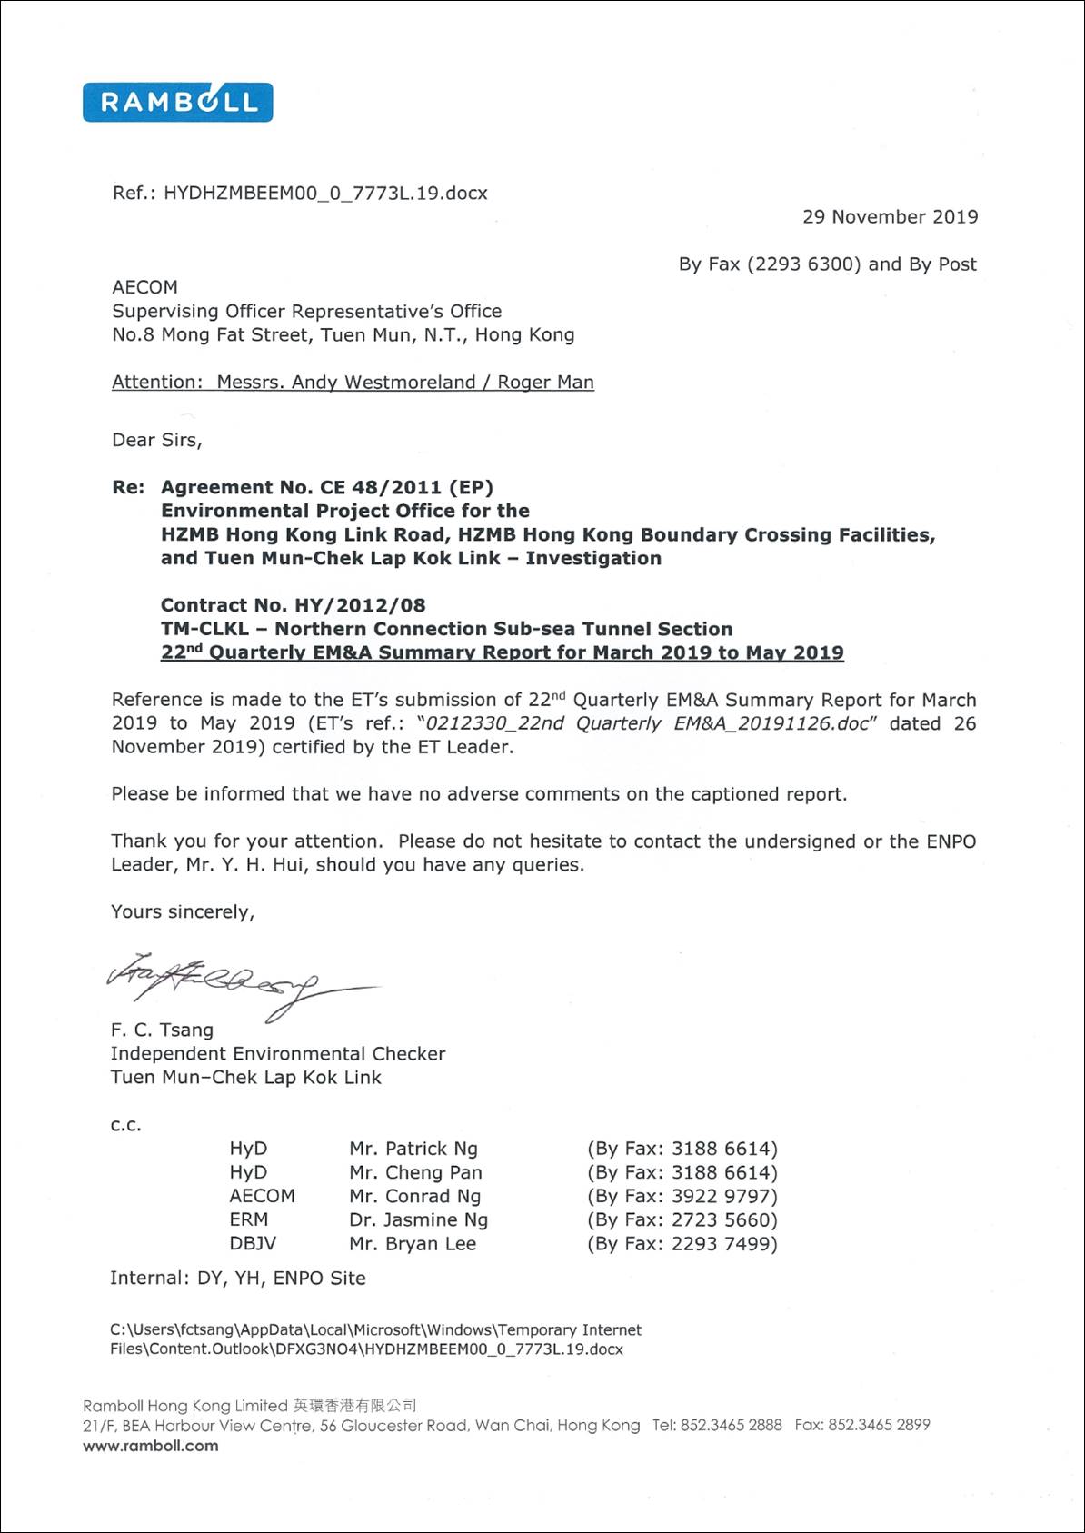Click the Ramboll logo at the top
click(177, 102)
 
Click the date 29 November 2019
click(890, 217)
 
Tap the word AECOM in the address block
click(144, 287)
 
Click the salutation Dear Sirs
click(156, 441)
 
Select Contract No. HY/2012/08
click(293, 605)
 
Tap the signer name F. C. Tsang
click(162, 1030)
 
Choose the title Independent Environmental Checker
click(278, 1053)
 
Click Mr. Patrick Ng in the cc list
click(413, 1149)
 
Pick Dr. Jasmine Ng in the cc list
click(418, 1219)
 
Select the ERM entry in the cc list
click(248, 1219)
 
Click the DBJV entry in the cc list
click(253, 1243)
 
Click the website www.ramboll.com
click(151, 1446)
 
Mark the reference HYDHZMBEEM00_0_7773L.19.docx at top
click(325, 194)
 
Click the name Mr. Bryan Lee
click(413, 1243)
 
